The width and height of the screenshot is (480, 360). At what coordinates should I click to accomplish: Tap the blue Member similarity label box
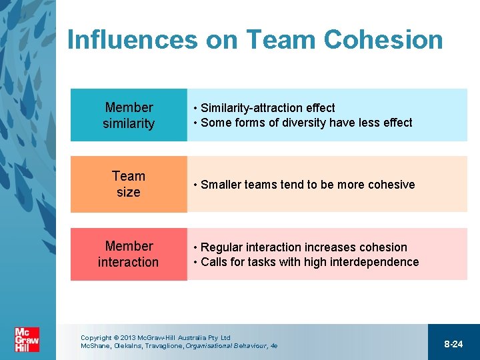(129, 115)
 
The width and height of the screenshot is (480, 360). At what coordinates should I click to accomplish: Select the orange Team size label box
(129, 184)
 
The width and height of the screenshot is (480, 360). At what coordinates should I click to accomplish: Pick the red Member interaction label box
(129, 254)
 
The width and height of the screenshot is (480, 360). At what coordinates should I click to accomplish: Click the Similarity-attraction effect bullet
(267, 108)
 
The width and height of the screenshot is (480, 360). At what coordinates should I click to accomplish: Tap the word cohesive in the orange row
(389, 185)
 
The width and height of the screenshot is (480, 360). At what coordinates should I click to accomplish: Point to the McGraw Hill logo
(27, 339)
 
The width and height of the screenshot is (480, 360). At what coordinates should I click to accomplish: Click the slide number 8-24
(453, 344)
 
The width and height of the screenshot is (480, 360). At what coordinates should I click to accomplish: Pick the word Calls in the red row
(213, 262)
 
